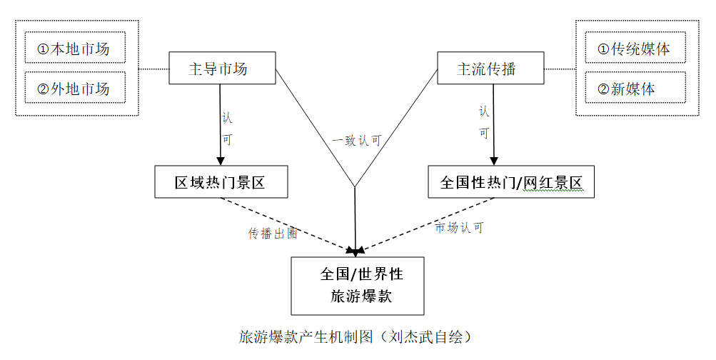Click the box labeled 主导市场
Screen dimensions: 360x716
point(222,69)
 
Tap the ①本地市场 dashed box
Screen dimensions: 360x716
point(74,50)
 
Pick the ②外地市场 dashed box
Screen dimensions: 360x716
point(74,89)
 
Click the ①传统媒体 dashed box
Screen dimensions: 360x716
point(635,50)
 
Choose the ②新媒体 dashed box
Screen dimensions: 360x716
point(635,89)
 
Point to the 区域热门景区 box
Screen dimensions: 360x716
point(221,182)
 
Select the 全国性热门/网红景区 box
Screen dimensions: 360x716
point(510,182)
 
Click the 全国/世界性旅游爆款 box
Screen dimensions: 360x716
point(357,286)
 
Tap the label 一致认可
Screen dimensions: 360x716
point(357,141)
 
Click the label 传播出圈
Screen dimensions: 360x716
point(273,234)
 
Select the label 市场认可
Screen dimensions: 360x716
point(460,228)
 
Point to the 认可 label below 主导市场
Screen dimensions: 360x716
point(227,127)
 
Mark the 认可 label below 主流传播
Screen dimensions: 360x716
point(484,121)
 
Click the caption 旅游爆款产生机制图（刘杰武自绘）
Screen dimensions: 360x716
point(356,336)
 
